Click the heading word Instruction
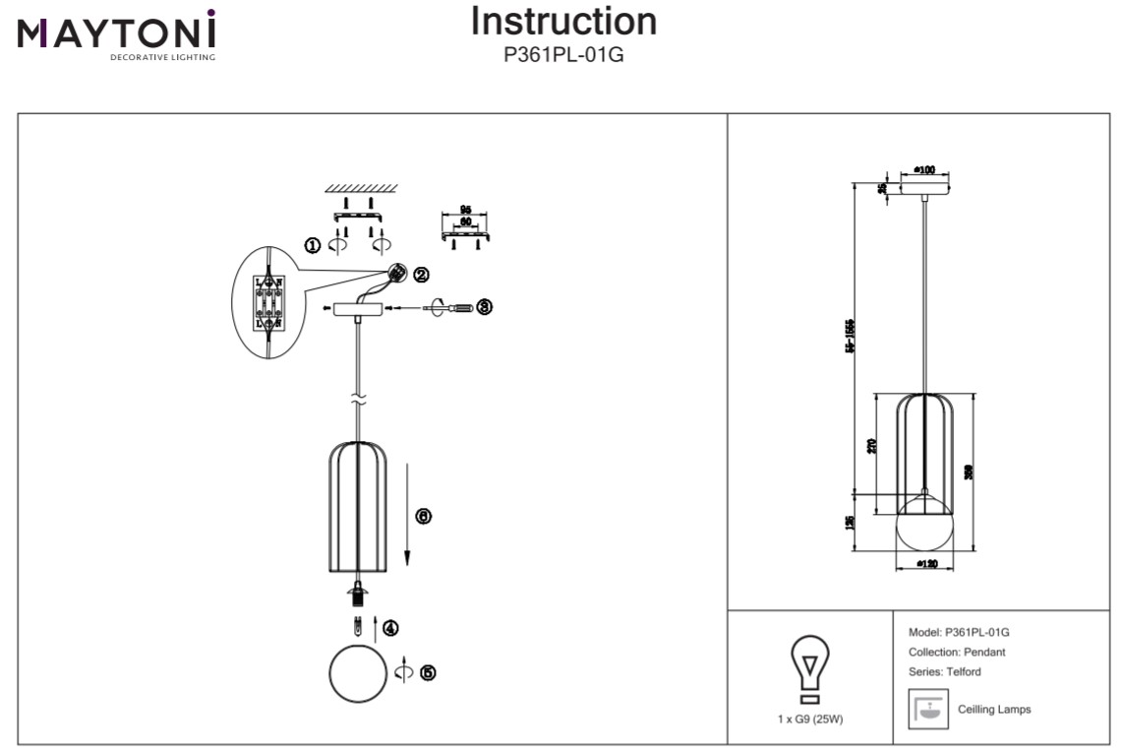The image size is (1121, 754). click(563, 22)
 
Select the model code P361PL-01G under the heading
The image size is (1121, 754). click(563, 55)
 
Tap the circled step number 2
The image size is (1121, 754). click(420, 275)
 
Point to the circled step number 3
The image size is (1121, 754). click(484, 307)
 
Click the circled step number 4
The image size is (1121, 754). click(390, 627)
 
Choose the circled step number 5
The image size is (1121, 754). click(427, 672)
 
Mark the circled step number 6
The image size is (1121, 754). click(423, 516)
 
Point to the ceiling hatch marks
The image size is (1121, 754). click(361, 188)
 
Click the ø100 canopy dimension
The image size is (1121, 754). click(923, 170)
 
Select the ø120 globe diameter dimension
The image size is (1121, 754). click(925, 564)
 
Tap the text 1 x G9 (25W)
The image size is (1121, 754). click(810, 719)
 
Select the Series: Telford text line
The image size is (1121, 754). click(945, 671)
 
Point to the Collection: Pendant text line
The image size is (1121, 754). click(957, 652)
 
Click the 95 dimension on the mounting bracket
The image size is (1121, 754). click(466, 210)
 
